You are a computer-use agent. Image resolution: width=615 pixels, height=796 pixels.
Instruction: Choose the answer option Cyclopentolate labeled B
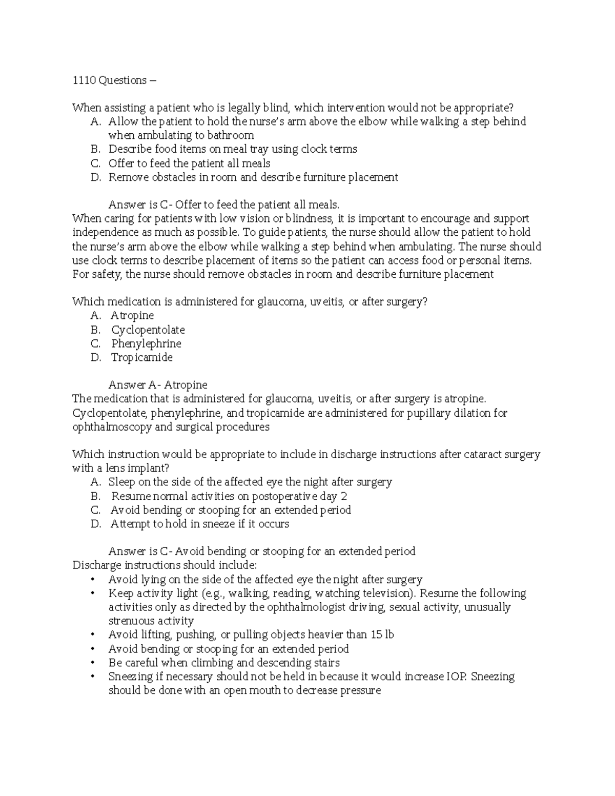(x=148, y=330)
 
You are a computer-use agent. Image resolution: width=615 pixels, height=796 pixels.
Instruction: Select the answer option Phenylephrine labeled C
(x=146, y=343)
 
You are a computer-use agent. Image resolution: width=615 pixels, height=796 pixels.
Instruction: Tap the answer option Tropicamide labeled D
(x=142, y=357)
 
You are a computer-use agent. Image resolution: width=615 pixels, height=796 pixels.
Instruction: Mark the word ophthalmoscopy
(x=112, y=427)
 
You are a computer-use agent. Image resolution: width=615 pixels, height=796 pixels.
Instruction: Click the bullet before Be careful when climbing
(x=92, y=663)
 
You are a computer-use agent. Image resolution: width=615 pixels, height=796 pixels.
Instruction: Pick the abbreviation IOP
(x=456, y=677)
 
